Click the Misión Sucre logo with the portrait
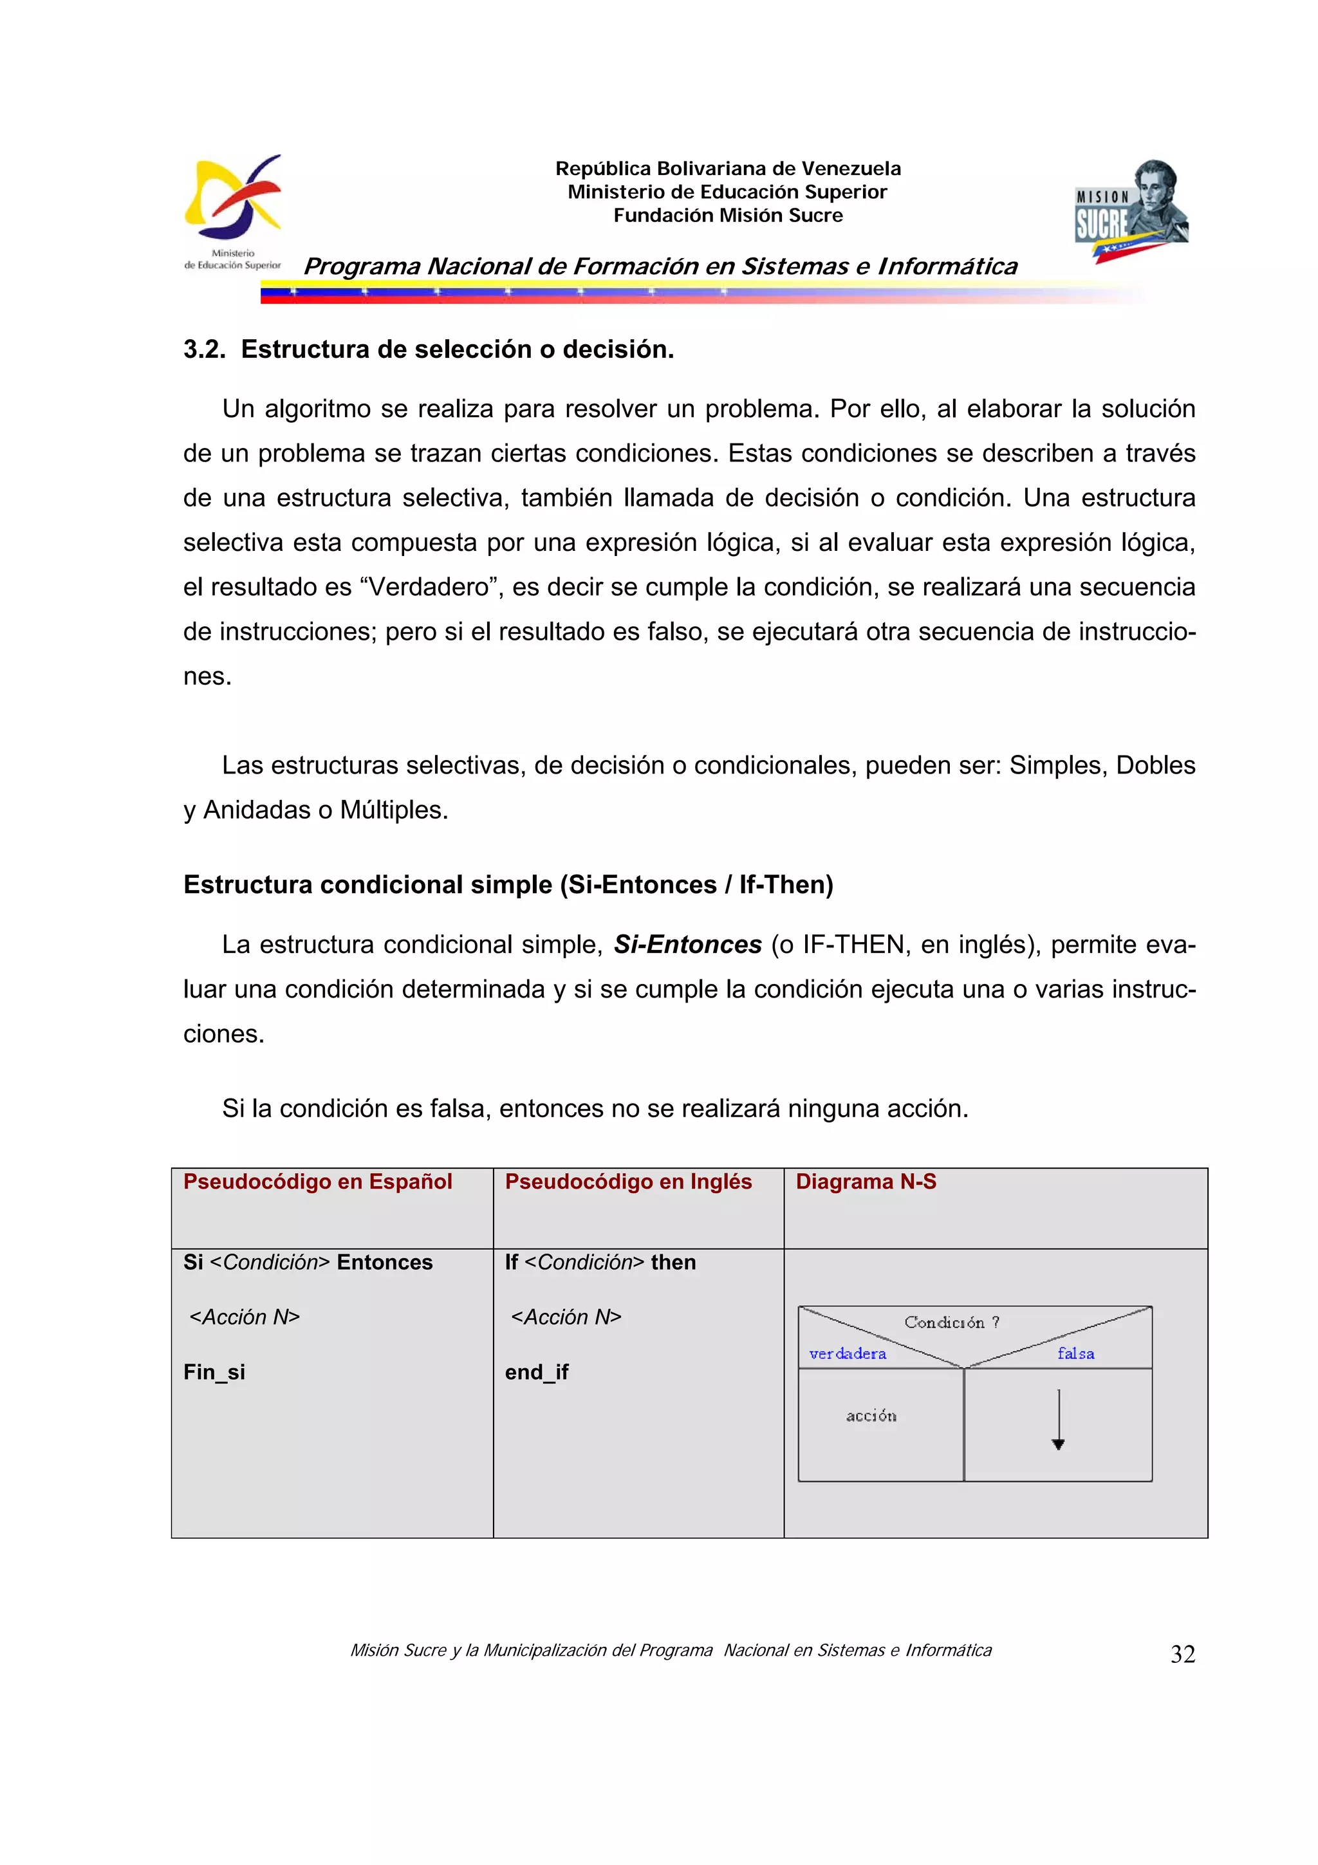pyautogui.click(x=1131, y=211)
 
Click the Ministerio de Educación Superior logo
pyautogui.click(x=233, y=211)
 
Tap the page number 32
pyautogui.click(x=1182, y=1654)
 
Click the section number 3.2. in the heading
pyautogui.click(x=204, y=349)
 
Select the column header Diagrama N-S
pyautogui.click(x=866, y=1181)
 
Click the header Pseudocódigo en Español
pyautogui.click(x=317, y=1181)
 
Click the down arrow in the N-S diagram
pyautogui.click(x=1058, y=1422)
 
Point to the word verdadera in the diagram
pyautogui.click(x=848, y=1353)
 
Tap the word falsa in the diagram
pyautogui.click(x=1075, y=1353)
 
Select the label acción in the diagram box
pyautogui.click(x=871, y=1416)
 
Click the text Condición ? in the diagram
pyautogui.click(x=951, y=1322)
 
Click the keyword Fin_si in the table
pyautogui.click(x=214, y=1372)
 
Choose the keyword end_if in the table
pyautogui.click(x=536, y=1372)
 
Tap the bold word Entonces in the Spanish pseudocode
pyautogui.click(x=384, y=1262)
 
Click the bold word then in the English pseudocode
pyautogui.click(x=673, y=1262)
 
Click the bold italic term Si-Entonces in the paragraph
pyautogui.click(x=687, y=945)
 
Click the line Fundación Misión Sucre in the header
pyautogui.click(x=728, y=215)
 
